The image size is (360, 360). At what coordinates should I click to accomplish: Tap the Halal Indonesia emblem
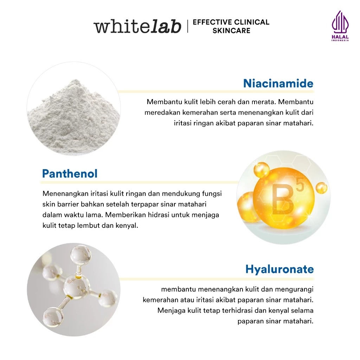340,26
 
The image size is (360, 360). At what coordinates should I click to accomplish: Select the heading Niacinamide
278,83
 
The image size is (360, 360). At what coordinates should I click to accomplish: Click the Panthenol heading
70,174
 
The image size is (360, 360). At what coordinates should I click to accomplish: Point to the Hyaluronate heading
279,269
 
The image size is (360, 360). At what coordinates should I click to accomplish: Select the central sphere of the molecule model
77,287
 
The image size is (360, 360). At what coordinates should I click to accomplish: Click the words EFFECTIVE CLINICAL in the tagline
231,22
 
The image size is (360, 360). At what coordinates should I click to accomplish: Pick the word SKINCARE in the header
231,31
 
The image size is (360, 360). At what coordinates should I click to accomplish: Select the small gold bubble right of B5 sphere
321,188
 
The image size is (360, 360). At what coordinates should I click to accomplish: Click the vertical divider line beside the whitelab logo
187,26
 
